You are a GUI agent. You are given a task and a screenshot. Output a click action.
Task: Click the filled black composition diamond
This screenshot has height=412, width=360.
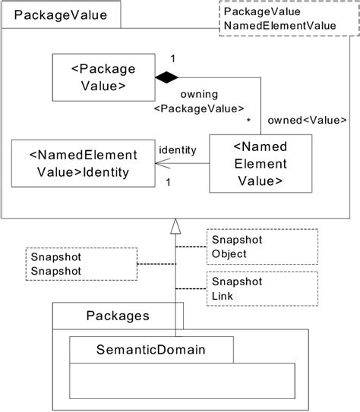click(x=166, y=77)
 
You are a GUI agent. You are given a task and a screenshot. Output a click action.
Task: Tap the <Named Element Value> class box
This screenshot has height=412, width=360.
click(x=260, y=161)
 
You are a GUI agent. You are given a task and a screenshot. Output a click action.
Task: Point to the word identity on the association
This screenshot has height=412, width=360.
click(x=178, y=150)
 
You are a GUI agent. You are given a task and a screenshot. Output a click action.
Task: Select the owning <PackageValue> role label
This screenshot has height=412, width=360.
click(x=199, y=102)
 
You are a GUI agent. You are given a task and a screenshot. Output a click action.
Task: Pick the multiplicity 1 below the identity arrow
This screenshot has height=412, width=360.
click(x=166, y=182)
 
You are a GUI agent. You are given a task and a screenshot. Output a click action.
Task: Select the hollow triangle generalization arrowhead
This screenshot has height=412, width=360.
click(x=175, y=225)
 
